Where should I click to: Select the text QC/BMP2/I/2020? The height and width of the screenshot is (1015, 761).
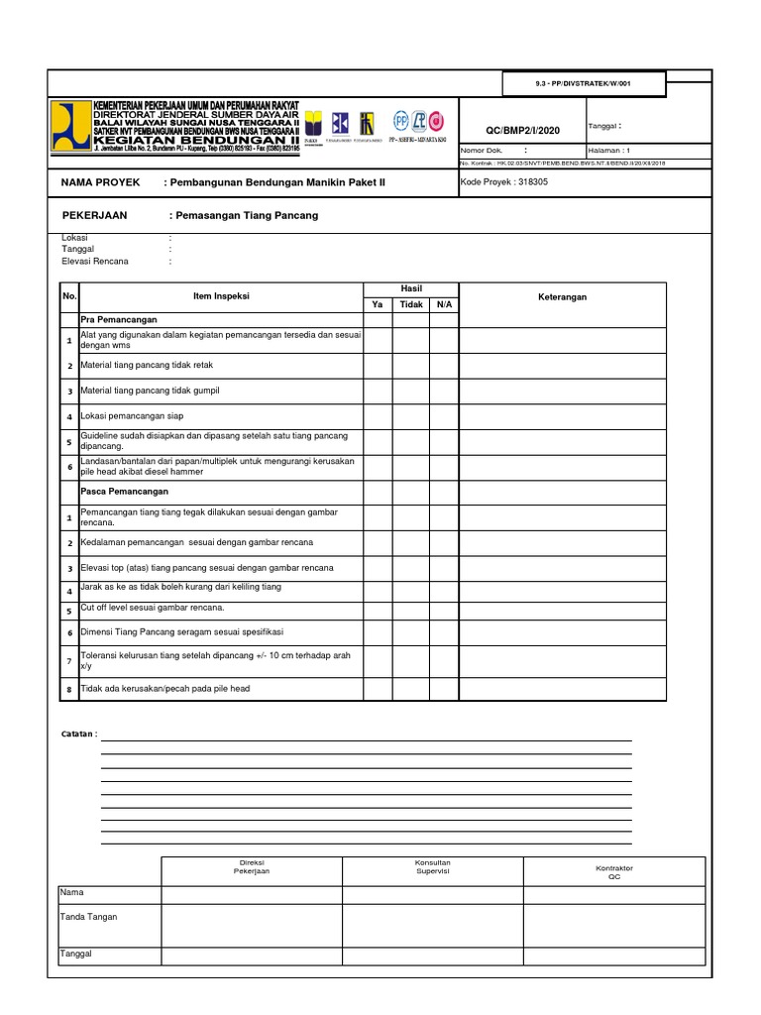point(521,130)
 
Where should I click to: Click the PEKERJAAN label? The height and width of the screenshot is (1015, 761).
point(95,215)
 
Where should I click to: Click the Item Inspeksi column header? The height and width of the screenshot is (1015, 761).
point(221,296)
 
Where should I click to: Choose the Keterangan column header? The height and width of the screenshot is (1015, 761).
point(562,296)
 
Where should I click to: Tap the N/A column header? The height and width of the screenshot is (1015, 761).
point(443,304)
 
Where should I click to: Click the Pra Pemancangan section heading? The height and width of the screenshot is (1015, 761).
point(119,322)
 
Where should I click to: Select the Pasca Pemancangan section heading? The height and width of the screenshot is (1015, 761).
point(125,491)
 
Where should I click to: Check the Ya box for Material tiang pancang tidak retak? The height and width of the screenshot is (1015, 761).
point(378,366)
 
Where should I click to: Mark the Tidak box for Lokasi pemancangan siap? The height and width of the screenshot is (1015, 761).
point(410,416)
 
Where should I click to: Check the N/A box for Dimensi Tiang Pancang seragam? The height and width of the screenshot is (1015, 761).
point(443,631)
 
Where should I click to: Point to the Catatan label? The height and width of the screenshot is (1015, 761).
point(79,733)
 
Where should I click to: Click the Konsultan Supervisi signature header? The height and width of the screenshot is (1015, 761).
point(432,869)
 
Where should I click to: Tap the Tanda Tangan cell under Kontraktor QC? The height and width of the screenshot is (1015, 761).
point(613,925)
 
